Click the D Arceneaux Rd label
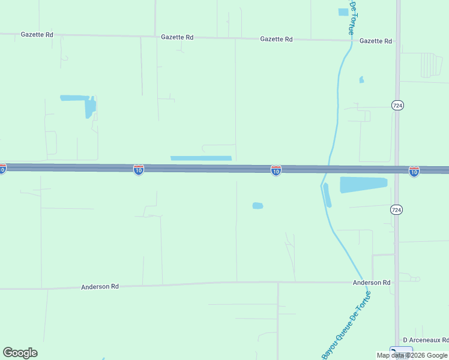click(x=426, y=340)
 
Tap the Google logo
click(x=20, y=353)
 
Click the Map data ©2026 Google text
click(x=412, y=355)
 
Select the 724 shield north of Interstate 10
click(x=397, y=105)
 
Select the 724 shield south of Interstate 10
click(x=396, y=209)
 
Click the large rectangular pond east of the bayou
click(x=363, y=184)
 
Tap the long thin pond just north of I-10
click(x=200, y=158)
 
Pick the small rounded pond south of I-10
click(x=258, y=206)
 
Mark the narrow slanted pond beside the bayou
click(x=327, y=195)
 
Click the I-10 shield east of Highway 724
click(x=414, y=172)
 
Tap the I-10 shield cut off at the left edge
click(x=2, y=169)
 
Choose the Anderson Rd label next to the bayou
click(x=372, y=282)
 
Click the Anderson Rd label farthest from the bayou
click(x=100, y=287)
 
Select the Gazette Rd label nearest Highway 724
click(x=375, y=41)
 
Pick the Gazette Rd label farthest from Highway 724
click(x=37, y=35)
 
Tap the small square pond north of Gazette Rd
click(x=343, y=11)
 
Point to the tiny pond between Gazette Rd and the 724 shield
click(x=361, y=79)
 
